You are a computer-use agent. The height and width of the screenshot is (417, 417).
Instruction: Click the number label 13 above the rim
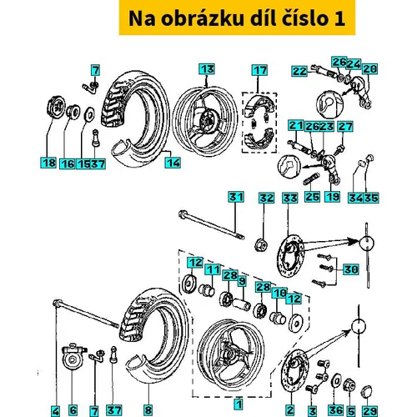(207, 69)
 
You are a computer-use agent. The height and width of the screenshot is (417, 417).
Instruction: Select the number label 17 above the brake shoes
(259, 70)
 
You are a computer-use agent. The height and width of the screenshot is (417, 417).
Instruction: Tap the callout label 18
(48, 163)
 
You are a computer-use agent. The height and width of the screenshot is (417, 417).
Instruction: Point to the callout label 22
(299, 71)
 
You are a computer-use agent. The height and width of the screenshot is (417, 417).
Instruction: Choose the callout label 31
(236, 197)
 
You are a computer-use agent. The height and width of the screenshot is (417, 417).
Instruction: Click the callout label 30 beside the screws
(350, 269)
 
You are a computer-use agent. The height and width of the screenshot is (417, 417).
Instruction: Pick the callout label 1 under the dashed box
(239, 404)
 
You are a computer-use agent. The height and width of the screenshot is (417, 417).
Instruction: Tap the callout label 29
(369, 410)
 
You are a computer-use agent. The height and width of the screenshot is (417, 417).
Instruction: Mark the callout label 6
(73, 410)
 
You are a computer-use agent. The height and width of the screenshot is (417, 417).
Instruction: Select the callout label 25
(312, 197)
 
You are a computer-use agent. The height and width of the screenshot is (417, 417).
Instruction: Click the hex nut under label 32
(261, 244)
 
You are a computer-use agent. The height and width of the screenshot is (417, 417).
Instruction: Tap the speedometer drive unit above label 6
(73, 357)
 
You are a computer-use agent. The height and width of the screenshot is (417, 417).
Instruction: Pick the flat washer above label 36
(337, 381)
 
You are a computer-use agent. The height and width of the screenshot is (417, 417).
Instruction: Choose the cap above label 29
(367, 392)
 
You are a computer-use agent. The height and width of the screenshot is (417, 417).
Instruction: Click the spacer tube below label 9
(242, 304)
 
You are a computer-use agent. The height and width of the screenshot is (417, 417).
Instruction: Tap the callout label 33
(290, 198)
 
